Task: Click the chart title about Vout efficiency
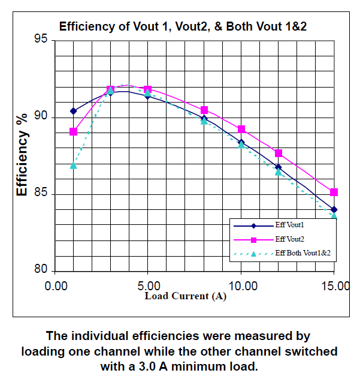[183, 26]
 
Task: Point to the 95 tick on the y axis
[41, 41]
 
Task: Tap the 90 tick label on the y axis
[41, 118]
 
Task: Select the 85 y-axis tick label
[41, 194]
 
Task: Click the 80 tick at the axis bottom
[41, 270]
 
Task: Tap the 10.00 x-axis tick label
[241, 286]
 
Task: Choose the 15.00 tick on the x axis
[334, 286]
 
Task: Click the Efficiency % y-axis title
[22, 155]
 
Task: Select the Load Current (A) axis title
[185, 296]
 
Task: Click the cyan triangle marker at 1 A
[73, 165]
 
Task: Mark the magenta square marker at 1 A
[73, 131]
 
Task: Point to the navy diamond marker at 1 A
[73, 111]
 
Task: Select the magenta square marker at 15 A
[334, 192]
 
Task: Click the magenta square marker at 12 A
[278, 154]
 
